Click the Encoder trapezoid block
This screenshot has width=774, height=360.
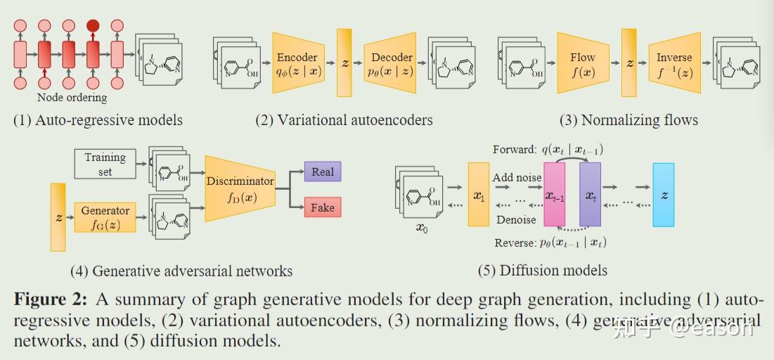pyautogui.click(x=297, y=63)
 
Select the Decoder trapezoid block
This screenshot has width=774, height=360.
pyautogui.click(x=392, y=63)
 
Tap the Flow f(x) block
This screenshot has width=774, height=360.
pyautogui.click(x=583, y=63)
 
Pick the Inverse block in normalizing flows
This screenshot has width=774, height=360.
pyautogui.click(x=674, y=63)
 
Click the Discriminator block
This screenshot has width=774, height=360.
pyautogui.click(x=240, y=188)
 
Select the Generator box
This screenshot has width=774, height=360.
pyautogui.click(x=105, y=217)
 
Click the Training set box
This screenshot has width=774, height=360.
pyautogui.click(x=105, y=164)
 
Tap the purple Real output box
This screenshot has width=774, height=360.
pyautogui.click(x=323, y=172)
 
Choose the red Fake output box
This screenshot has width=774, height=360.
pyautogui.click(x=323, y=207)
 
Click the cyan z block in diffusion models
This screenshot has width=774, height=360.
pyautogui.click(x=663, y=195)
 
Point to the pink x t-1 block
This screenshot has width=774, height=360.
pyautogui.click(x=555, y=195)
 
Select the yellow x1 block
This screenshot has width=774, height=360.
pyautogui.click(x=478, y=195)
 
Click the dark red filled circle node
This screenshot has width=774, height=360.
pyautogui.click(x=93, y=26)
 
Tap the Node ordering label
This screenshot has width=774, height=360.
pyautogui.click(x=72, y=98)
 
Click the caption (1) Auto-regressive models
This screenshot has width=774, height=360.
pyautogui.click(x=98, y=120)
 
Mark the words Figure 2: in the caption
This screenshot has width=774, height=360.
pyautogui.click(x=51, y=300)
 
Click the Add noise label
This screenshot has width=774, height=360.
pyautogui.click(x=517, y=178)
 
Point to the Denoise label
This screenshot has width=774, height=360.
pyautogui.click(x=516, y=219)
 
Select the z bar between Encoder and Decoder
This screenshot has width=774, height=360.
pyautogui.click(x=344, y=63)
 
